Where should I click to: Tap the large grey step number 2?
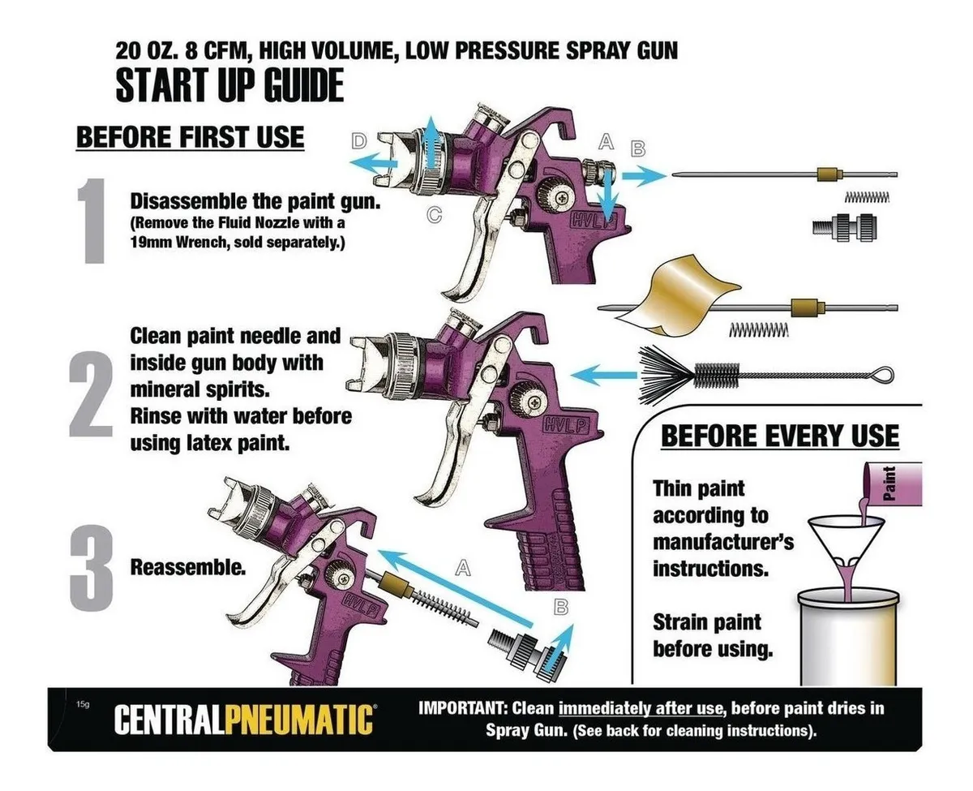point(91,394)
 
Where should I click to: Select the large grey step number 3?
point(92,568)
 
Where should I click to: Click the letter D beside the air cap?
point(359,140)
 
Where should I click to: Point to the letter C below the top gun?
point(434,214)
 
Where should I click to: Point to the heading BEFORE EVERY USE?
point(780,436)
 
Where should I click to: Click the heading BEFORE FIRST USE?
point(190,136)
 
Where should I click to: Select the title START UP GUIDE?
point(229,85)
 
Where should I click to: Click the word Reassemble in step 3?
point(188,568)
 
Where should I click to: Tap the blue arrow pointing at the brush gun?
point(604,375)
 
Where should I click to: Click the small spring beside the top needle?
point(867,197)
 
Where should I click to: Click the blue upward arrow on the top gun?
point(430,143)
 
